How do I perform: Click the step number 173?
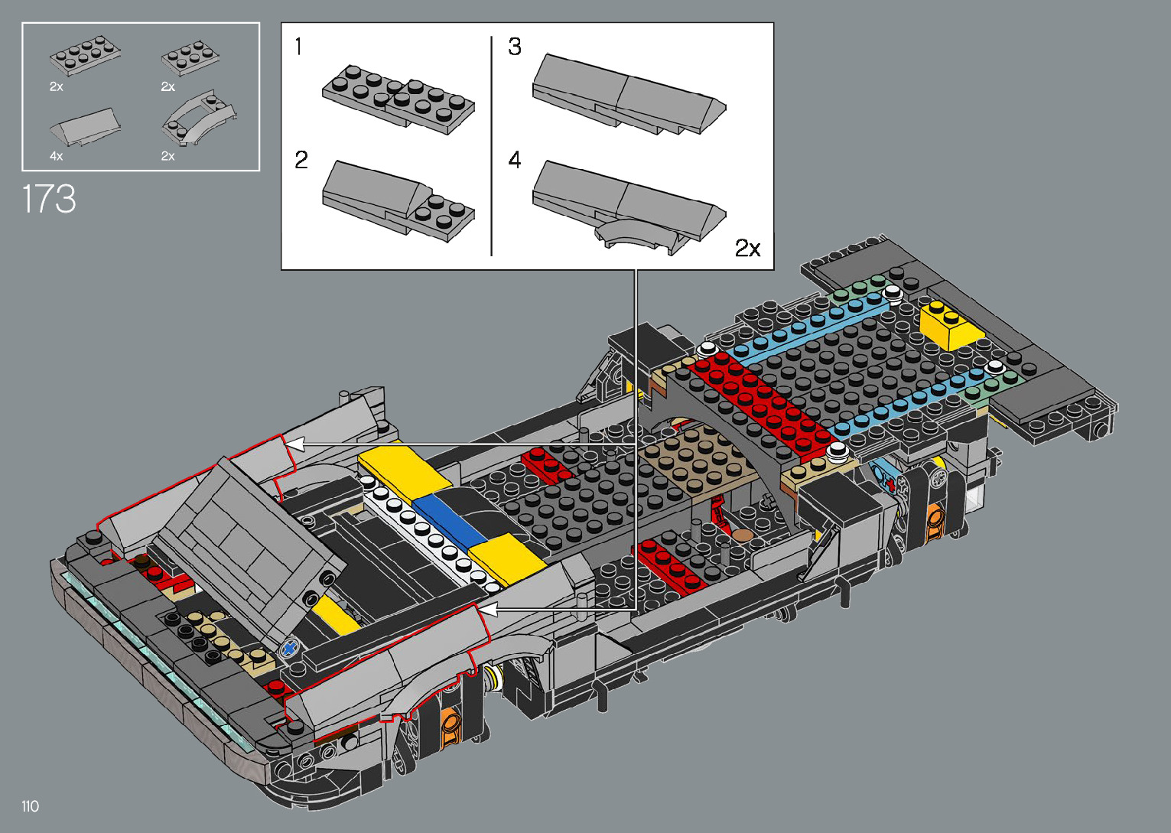tap(49, 199)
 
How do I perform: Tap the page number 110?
tap(31, 805)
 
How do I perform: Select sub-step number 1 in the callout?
tap(298, 47)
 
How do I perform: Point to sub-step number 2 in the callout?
tap(301, 160)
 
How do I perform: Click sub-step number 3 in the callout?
tap(515, 47)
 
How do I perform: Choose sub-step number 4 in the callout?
tap(515, 160)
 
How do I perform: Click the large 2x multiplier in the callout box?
tap(747, 248)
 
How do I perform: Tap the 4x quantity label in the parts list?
tap(56, 156)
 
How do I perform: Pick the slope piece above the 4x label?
tap(85, 127)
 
